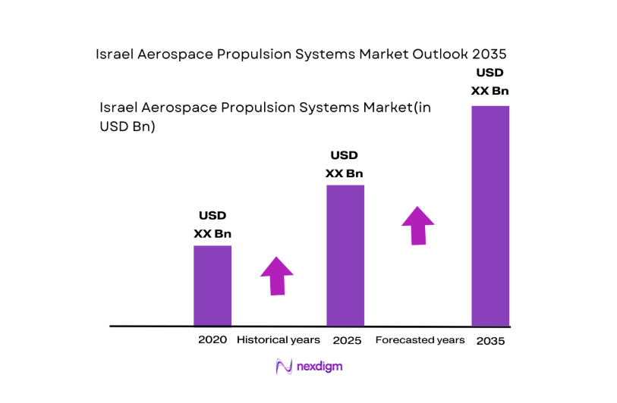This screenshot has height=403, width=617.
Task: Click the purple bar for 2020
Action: [212, 286]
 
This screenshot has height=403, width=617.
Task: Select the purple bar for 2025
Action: [345, 255]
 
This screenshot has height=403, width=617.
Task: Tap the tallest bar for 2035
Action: [490, 216]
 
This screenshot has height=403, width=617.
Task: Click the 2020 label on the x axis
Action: [212, 340]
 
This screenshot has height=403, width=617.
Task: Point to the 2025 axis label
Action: [345, 340]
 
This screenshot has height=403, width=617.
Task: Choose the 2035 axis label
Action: [490, 341]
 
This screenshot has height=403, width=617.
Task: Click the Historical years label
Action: [279, 340]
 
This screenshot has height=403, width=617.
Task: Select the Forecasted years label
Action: [420, 340]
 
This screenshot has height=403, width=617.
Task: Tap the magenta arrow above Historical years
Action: [277, 275]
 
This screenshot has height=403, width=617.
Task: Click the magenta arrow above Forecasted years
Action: [417, 224]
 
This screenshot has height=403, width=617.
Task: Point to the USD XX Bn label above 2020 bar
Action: [212, 225]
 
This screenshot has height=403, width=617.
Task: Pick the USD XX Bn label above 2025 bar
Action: [345, 164]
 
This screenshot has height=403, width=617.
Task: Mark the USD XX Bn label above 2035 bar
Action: [490, 82]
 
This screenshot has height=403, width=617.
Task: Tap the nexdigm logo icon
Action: [284, 367]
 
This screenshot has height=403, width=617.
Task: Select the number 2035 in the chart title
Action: [487, 55]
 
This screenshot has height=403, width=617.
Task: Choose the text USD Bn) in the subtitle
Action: [127, 127]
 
